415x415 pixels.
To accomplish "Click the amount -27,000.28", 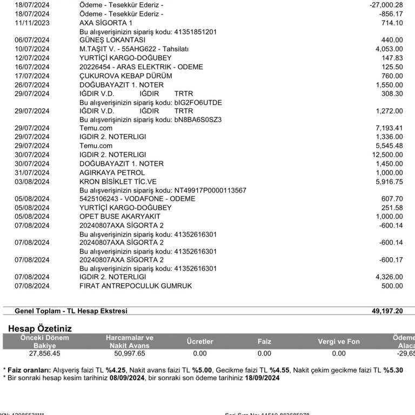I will pos(383,5).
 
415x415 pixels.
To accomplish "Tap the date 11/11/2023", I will pos(32,23).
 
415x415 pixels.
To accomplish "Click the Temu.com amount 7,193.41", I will pos(389,128).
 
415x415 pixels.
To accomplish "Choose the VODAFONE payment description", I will pos(137,199).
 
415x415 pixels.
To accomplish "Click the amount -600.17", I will pos(391,260).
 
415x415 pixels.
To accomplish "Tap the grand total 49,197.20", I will pos(387,311).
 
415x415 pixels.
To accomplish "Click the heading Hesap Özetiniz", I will pos(40,329).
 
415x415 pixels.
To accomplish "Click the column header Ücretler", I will pos(200,342).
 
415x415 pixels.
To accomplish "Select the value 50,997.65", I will pos(129,353).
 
